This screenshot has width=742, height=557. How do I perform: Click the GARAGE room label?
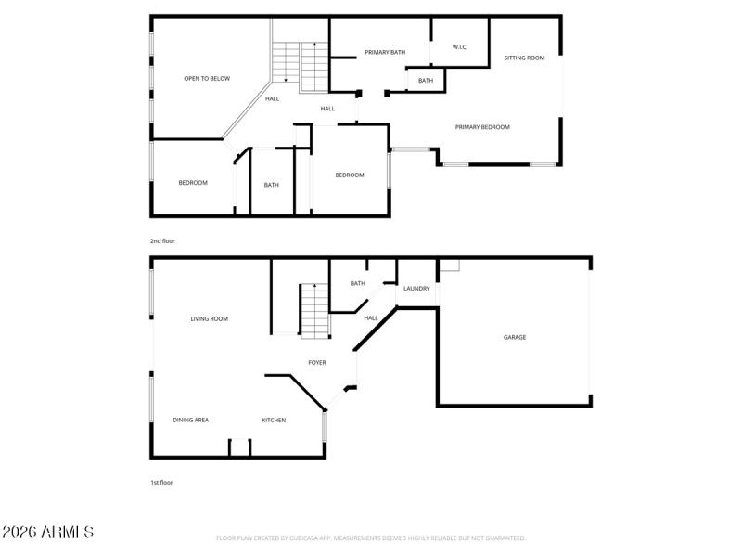click(515, 337)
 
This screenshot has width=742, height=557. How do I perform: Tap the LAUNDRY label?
click(416, 289)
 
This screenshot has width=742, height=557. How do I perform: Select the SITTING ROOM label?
click(524, 58)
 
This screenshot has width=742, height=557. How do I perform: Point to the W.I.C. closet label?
click(459, 47)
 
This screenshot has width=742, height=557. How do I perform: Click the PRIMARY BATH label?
click(385, 53)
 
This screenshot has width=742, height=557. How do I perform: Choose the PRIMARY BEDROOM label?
click(482, 127)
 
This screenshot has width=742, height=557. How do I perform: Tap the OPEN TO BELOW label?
click(207, 79)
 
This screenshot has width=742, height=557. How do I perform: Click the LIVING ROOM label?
click(210, 319)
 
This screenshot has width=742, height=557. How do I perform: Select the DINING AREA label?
click(191, 421)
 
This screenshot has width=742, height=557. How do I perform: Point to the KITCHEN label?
click(274, 421)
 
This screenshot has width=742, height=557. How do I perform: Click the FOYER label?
click(317, 363)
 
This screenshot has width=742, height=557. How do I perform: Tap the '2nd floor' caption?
click(162, 241)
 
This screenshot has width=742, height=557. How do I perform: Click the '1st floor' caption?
click(162, 483)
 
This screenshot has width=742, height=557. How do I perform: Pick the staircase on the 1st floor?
click(314, 311)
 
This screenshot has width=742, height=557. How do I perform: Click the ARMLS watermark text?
click(48, 533)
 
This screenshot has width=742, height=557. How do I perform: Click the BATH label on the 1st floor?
click(358, 283)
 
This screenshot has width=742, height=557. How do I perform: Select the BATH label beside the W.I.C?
click(426, 81)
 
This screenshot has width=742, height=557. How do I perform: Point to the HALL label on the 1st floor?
click(371, 318)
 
